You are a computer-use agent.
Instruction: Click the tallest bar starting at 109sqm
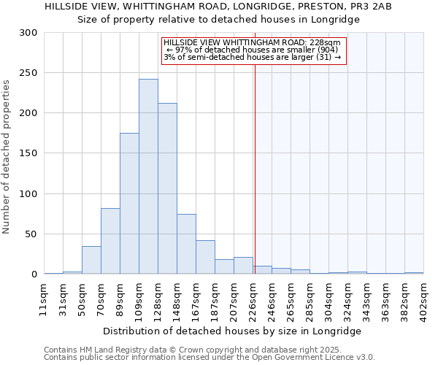(x=148, y=177)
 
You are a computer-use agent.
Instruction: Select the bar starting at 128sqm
(x=167, y=188)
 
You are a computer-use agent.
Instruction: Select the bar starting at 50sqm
(x=91, y=260)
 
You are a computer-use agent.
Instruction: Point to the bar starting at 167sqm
(x=205, y=257)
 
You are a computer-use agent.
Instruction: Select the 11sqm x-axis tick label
(x=45, y=296)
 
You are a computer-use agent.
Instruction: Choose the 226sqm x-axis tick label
(x=253, y=296)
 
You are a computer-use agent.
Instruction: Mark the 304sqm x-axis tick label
(x=329, y=296)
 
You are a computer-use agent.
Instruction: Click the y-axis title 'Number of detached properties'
(x=7, y=154)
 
